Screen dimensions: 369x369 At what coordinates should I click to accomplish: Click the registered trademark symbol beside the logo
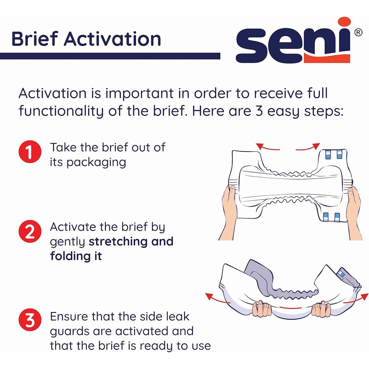coord(358,32)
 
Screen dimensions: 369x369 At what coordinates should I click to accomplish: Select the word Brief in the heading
coord(35,39)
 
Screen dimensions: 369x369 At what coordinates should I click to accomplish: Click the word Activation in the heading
coord(112,39)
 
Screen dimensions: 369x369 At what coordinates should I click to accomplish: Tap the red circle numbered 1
coord(30,152)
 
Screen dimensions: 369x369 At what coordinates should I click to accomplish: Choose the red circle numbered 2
coord(30,231)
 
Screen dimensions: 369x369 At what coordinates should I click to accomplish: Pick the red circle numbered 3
coord(30,320)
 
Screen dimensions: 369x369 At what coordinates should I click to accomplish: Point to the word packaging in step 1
coord(96,163)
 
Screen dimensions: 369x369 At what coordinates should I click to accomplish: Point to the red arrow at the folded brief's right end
coord(357,299)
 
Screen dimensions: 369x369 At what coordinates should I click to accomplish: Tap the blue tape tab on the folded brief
coord(341,273)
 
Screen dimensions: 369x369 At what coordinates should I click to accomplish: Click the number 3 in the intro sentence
coord(259,111)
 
